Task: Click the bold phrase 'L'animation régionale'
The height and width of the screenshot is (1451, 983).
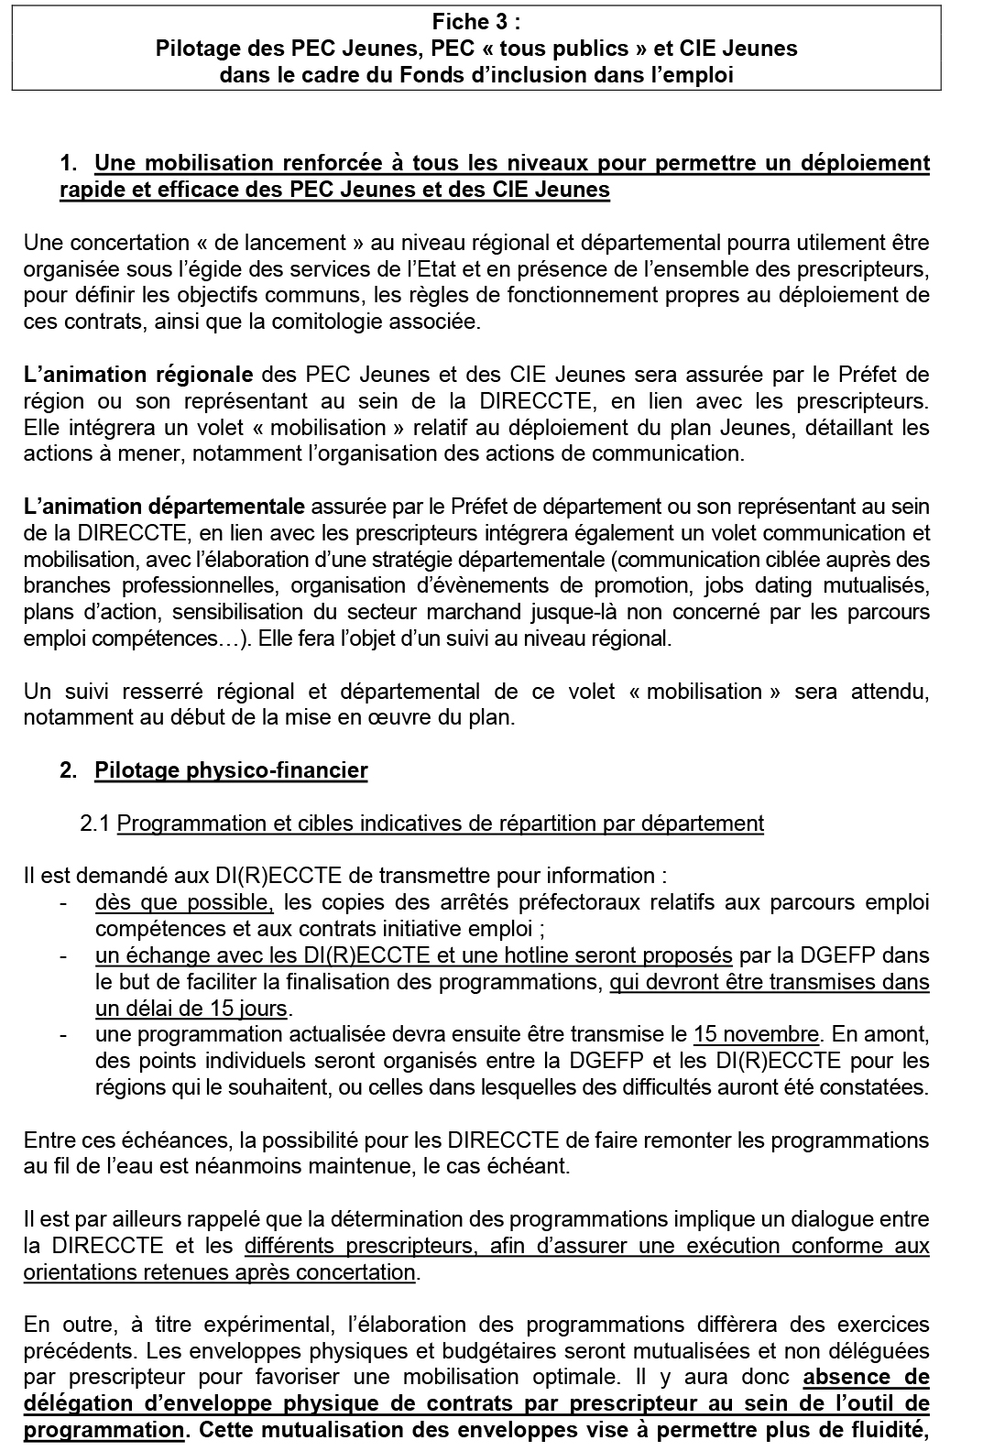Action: coord(138,375)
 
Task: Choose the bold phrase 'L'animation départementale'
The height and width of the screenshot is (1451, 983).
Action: coord(164,507)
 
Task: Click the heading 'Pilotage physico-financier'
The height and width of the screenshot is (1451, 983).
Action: coord(231,770)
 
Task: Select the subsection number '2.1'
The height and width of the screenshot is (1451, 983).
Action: coord(95,824)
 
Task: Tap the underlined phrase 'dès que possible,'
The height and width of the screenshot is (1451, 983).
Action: coord(184,903)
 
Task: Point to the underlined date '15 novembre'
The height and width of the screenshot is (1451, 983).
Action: coord(756,1035)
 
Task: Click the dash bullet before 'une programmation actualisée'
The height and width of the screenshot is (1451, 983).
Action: coord(63,1035)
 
